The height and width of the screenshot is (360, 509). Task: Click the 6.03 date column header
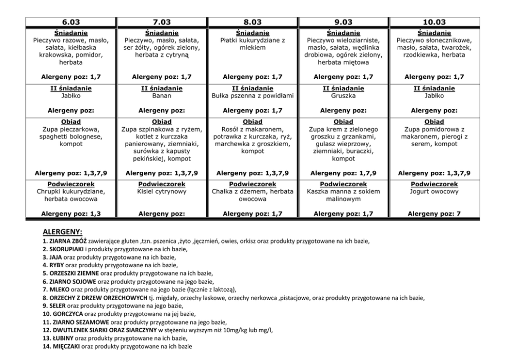point(71,22)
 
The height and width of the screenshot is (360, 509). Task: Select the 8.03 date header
point(252,22)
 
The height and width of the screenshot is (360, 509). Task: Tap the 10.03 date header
point(434,22)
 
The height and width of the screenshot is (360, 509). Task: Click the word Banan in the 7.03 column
point(162,95)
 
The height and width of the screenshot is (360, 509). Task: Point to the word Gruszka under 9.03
point(343,95)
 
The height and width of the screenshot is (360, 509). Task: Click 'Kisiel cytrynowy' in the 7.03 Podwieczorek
point(162,191)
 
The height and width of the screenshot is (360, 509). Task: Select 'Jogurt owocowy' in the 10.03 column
point(434,191)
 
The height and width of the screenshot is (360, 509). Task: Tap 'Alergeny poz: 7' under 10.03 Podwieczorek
point(434,213)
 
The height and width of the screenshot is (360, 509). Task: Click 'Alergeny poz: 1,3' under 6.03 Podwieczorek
point(71,213)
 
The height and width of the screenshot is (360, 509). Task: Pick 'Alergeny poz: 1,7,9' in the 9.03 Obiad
point(343,173)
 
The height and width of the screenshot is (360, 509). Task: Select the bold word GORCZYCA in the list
point(68,314)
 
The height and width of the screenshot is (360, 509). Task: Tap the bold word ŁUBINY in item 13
point(63,338)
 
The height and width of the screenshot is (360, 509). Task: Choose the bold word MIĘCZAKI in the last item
point(66,347)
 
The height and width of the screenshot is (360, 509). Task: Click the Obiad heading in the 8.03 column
point(252,122)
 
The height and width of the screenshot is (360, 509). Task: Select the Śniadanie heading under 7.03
point(162,33)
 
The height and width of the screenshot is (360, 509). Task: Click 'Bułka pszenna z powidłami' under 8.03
point(252,95)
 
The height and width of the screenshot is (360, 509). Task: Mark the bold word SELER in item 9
point(58,306)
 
